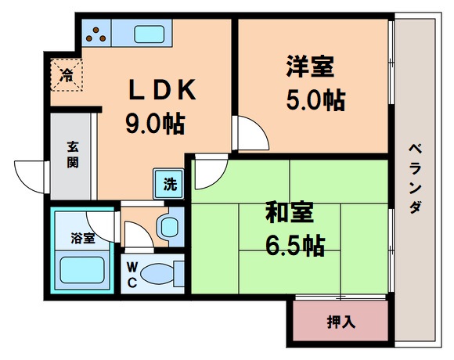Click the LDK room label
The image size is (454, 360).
point(163,92)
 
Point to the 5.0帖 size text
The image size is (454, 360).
point(313,100)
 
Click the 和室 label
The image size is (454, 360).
point(291,213)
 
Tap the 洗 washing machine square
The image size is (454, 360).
point(169,185)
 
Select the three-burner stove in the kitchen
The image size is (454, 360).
point(98,33)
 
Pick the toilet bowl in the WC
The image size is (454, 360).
point(160,275)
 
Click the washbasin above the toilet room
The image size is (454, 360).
point(168,228)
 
